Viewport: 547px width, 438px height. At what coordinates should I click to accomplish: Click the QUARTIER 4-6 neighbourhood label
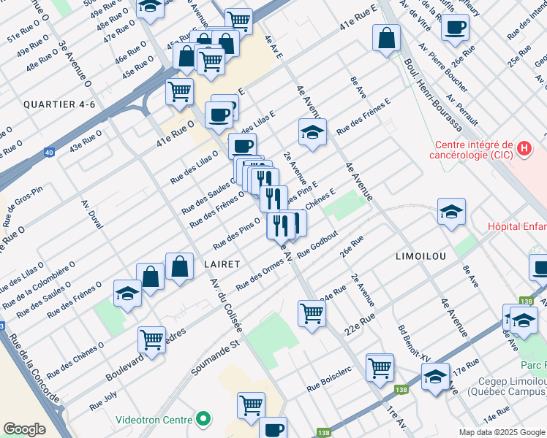[59, 104]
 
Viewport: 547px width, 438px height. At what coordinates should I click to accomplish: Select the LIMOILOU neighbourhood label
[420, 258]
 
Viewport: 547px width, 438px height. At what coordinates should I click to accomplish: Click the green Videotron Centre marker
[204, 420]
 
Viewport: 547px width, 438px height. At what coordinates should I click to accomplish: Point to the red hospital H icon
[524, 149]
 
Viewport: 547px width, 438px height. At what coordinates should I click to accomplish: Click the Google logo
[25, 429]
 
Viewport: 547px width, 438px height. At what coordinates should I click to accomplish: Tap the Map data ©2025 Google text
[502, 432]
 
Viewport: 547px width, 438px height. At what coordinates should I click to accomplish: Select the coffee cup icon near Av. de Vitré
[456, 28]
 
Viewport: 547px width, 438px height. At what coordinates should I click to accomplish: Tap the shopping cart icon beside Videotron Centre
[252, 403]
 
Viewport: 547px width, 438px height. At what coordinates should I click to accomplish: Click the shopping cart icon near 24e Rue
[312, 313]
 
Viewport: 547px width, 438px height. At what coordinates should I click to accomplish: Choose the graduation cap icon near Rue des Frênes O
[127, 293]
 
